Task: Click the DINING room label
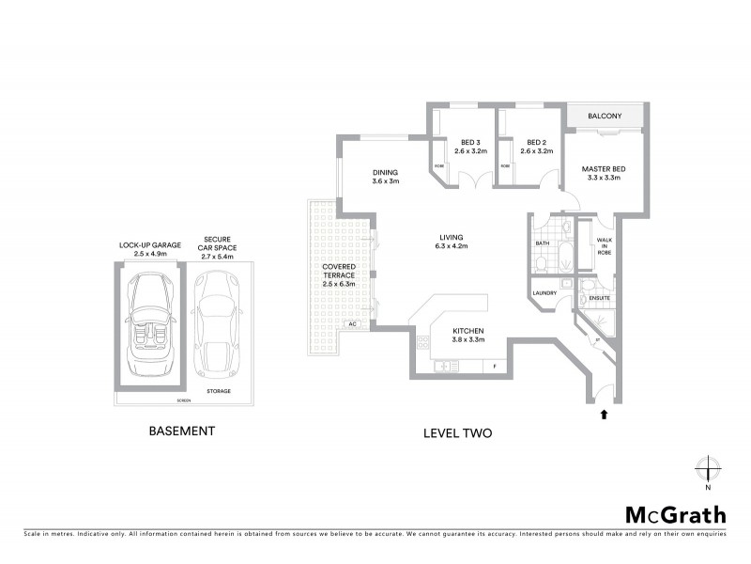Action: pyautogui.click(x=385, y=172)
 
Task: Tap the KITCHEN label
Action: pyautogui.click(x=467, y=332)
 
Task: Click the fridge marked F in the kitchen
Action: pyautogui.click(x=493, y=365)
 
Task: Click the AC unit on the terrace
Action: pyautogui.click(x=353, y=324)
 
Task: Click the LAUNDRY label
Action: pyautogui.click(x=544, y=292)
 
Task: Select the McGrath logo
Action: pyautogui.click(x=675, y=514)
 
